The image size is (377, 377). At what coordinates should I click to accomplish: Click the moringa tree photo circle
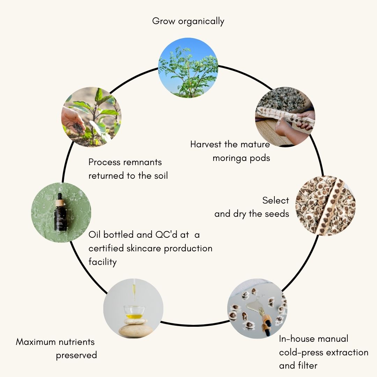coord(188,68)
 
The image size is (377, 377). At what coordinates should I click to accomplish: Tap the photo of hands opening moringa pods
coord(285,117)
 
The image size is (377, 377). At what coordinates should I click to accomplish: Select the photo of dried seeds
coord(325,206)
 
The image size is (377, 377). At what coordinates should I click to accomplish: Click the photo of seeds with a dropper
coord(257,308)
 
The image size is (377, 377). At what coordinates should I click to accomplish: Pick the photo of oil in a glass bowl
coord(133,308)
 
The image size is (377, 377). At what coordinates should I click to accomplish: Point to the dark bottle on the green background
coord(61,213)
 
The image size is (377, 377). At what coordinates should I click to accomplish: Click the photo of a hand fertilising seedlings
coord(91,117)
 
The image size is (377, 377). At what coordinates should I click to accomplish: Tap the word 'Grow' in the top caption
coord(163,21)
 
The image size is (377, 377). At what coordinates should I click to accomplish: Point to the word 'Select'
coord(276,200)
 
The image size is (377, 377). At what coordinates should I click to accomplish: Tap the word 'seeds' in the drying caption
coord(277,214)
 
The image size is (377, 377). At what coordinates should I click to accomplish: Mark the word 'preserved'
coord(76,355)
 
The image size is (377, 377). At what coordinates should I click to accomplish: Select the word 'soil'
coord(160,176)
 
